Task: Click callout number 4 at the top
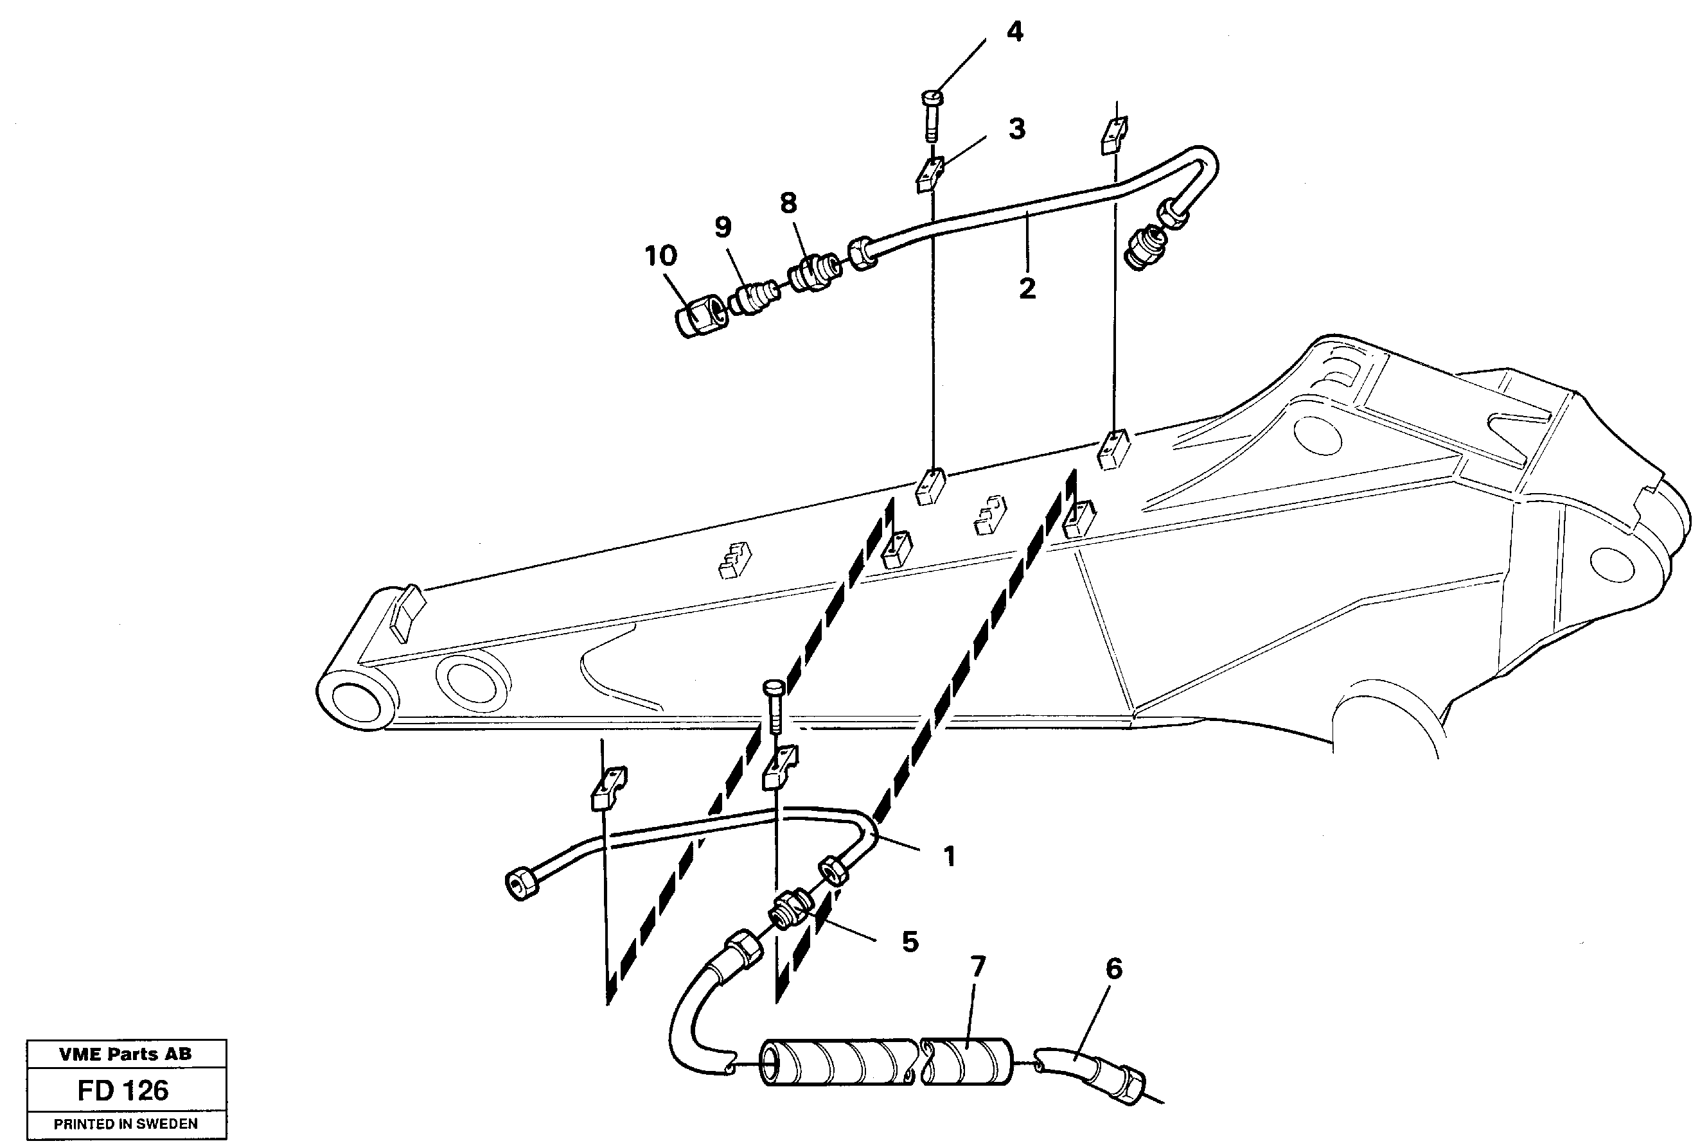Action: [x=1014, y=32]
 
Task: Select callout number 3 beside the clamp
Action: [x=1017, y=130]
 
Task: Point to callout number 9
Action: [x=723, y=227]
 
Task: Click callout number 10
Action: [x=660, y=256]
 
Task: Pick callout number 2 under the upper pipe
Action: [x=1027, y=288]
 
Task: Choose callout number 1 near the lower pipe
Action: [x=950, y=855]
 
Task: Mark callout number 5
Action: [x=910, y=943]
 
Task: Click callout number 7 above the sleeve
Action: [x=977, y=968]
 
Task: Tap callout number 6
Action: [x=1113, y=970]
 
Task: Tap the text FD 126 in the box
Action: [x=123, y=1090]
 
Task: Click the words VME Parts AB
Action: [x=125, y=1054]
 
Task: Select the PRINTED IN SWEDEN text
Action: [x=126, y=1124]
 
